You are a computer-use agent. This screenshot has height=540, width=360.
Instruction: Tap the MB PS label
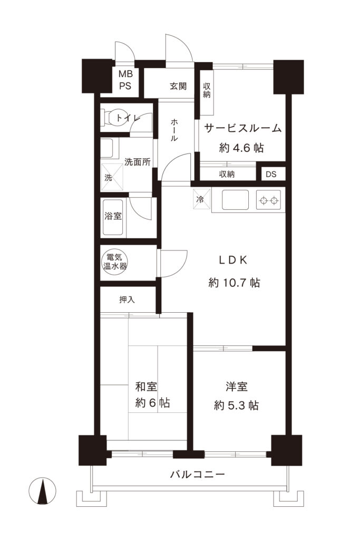[125, 80]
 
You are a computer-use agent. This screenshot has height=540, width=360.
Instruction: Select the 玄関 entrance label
[178, 86]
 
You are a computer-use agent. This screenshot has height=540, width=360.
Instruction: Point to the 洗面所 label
[138, 162]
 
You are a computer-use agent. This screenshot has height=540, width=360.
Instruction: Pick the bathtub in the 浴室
[112, 217]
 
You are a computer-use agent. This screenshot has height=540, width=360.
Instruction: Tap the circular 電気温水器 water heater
[114, 262]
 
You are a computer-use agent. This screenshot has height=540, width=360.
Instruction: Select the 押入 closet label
[127, 300]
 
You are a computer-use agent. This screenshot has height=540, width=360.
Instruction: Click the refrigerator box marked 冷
[201, 199]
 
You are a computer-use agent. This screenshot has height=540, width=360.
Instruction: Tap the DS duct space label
[270, 174]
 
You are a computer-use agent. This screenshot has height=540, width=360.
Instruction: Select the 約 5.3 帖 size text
[236, 406]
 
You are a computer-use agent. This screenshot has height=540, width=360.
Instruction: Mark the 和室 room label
[145, 387]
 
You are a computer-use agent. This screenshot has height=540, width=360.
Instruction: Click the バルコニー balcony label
[198, 474]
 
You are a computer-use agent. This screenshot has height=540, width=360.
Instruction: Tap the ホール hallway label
[174, 130]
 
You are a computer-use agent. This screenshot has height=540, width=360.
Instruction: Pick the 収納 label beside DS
[227, 174]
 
